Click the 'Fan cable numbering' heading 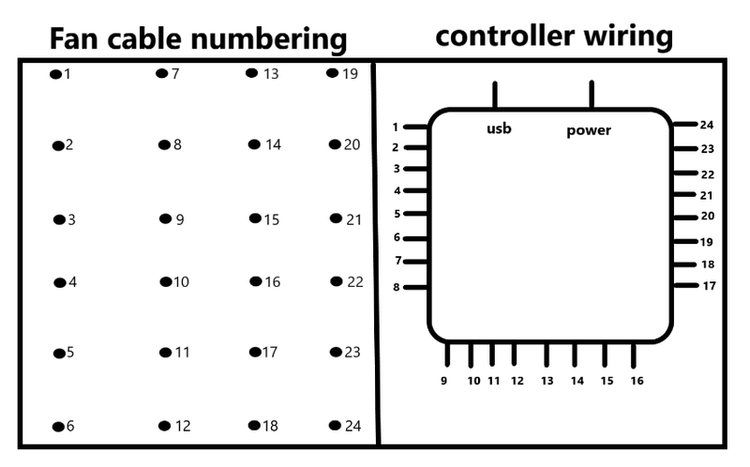[x=198, y=39]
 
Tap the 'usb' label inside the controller [x=499, y=128]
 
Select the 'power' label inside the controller [x=589, y=130]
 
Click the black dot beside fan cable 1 [x=55, y=73]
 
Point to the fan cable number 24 [x=352, y=426]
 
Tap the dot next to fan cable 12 [x=164, y=426]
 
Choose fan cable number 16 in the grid [x=272, y=281]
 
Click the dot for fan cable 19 [x=332, y=73]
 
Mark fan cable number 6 [x=70, y=427]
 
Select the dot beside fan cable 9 [x=165, y=218]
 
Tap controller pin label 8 [x=397, y=287]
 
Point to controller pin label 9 [x=444, y=381]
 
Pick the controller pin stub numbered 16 [x=635, y=355]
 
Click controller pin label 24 [x=707, y=125]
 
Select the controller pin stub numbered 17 [x=685, y=285]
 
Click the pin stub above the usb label [x=495, y=95]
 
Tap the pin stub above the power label [x=592, y=95]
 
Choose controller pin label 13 [x=547, y=381]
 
